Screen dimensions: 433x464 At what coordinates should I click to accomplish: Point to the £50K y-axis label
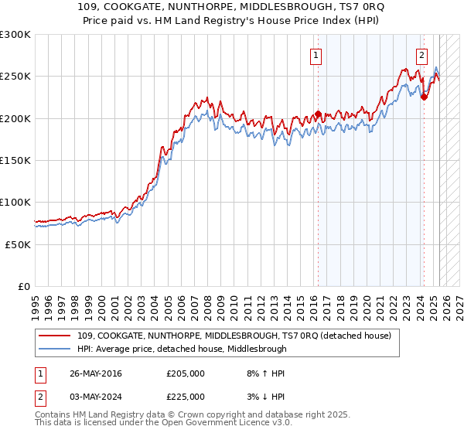tap(17, 244)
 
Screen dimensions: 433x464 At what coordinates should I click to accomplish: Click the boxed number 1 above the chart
tap(317, 55)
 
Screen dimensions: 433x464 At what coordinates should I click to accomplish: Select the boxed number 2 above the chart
tap(421, 55)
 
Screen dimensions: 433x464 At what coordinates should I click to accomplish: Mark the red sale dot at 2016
tap(318, 114)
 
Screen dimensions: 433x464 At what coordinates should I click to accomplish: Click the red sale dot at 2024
tap(424, 97)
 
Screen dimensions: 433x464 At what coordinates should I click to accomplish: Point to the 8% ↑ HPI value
tap(264, 373)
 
